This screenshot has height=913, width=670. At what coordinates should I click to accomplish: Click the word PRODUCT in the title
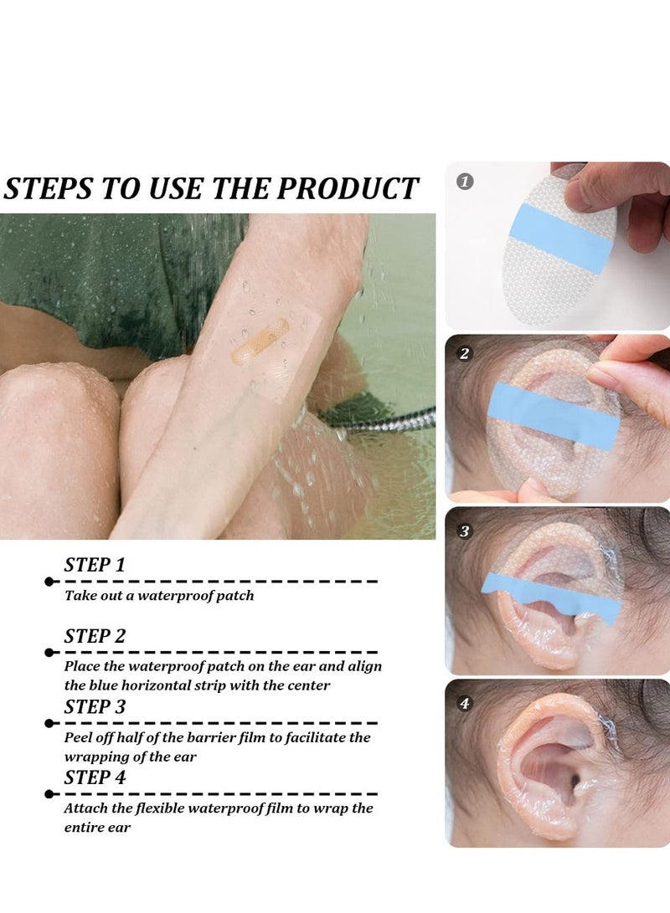pos(348,188)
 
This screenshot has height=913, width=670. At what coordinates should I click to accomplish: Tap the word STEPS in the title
pos(48,188)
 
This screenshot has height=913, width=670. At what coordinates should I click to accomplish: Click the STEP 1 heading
pos(95,565)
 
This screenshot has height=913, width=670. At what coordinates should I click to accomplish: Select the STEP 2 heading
pos(95,636)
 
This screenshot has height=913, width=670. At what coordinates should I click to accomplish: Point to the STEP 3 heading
pos(95,706)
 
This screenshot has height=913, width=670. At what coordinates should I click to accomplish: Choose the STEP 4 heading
pos(95,777)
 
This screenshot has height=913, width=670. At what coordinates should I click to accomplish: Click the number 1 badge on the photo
pos(465,182)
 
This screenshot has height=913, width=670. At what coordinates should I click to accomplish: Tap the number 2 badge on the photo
pos(465,354)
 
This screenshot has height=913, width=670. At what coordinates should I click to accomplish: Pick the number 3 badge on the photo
pos(465,531)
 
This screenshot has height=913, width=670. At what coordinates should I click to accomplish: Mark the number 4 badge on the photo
pos(465,703)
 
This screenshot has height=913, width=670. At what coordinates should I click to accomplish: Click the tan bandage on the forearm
pos(260,341)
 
